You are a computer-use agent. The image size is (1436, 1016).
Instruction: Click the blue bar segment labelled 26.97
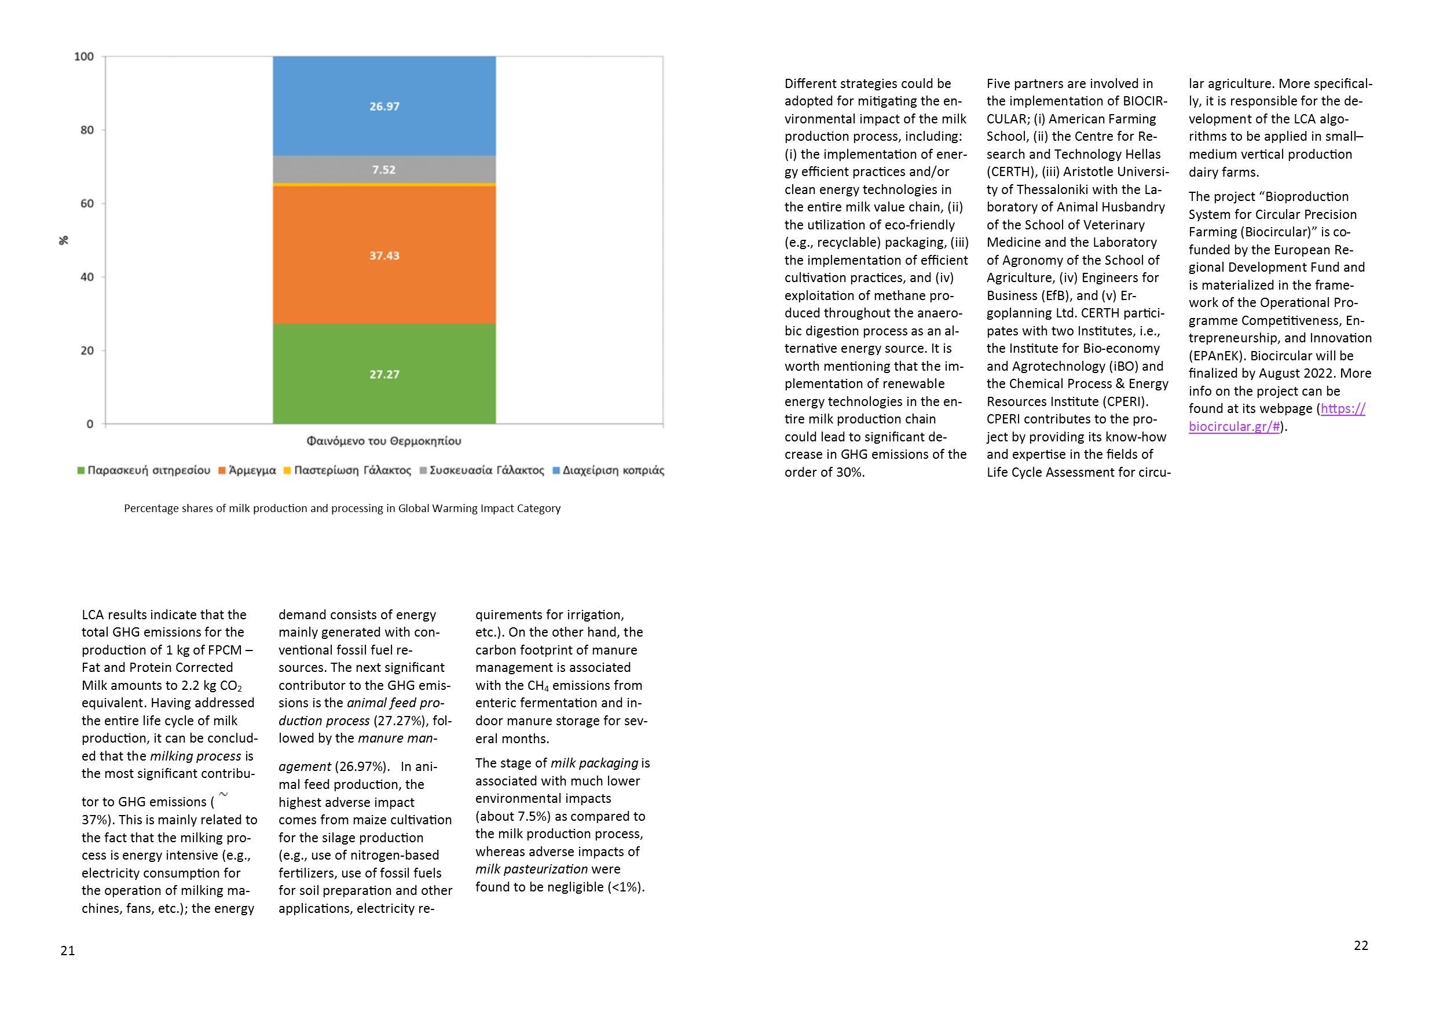click(x=384, y=107)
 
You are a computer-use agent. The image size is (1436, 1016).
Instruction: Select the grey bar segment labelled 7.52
click(x=384, y=170)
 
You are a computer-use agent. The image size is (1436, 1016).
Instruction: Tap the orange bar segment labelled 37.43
click(x=384, y=255)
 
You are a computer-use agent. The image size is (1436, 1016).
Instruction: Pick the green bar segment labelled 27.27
click(x=384, y=374)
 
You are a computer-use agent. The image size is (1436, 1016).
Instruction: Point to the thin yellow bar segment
click(x=384, y=185)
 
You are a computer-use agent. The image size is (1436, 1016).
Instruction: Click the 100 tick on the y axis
click(x=85, y=57)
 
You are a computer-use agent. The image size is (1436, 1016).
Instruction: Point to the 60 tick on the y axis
click(x=87, y=203)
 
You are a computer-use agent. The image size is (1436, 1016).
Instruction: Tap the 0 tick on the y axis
click(x=90, y=424)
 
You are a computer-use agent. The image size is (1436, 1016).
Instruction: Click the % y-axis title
click(x=64, y=240)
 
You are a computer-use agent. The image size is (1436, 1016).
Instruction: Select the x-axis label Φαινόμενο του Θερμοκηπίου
click(x=383, y=441)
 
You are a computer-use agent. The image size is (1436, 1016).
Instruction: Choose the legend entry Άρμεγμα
click(x=248, y=470)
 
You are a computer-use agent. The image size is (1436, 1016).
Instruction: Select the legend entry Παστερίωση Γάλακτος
click(x=348, y=470)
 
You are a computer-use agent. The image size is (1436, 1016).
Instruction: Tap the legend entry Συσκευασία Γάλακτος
click(x=482, y=470)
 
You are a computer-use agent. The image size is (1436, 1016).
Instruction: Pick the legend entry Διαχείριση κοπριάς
click(x=609, y=470)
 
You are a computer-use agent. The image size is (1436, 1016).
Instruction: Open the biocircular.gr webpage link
click(x=1276, y=417)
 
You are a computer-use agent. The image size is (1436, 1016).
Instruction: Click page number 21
click(x=68, y=951)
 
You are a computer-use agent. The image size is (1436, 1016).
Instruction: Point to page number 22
click(x=1361, y=945)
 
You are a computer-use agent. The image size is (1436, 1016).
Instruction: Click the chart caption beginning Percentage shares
click(x=342, y=509)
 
